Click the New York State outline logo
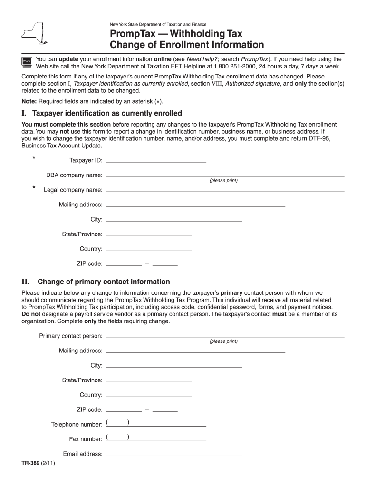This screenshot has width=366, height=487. [36, 33]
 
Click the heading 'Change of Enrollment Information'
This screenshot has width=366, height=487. [187, 45]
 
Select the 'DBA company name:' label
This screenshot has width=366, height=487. [74, 175]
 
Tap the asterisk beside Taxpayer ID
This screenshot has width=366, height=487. [34, 158]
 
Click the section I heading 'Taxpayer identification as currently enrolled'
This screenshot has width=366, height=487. [107, 113]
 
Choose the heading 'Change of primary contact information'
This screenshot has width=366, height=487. [104, 282]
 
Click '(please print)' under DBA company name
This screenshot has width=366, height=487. [223, 181]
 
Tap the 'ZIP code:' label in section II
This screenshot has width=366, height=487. [89, 409]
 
